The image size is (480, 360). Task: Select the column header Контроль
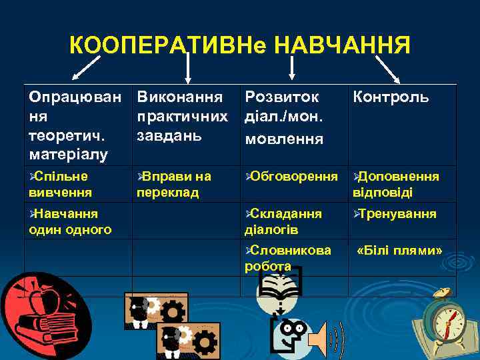(x=390, y=98)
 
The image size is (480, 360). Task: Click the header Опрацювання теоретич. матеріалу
(x=75, y=125)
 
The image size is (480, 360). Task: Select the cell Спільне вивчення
(x=59, y=183)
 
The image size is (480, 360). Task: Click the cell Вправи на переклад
(x=175, y=183)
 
